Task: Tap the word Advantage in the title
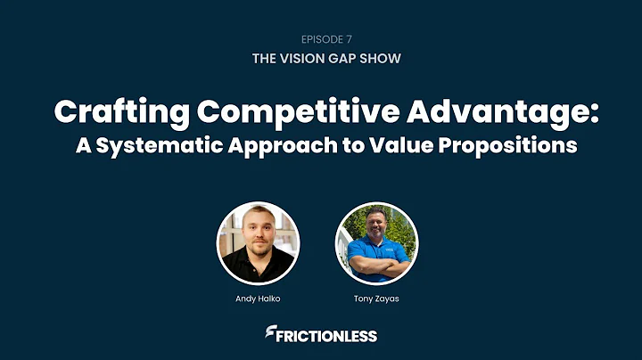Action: tap(483, 113)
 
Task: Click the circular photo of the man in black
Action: tap(259, 243)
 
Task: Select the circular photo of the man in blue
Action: tap(376, 243)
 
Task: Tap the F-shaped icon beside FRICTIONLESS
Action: tap(270, 335)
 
